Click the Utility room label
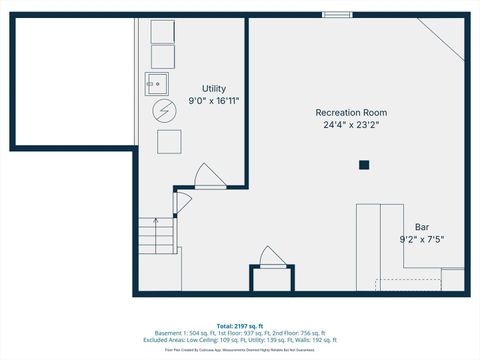pyautogui.click(x=215, y=89)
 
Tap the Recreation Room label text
pyautogui.click(x=351, y=113)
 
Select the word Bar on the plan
pyautogui.click(x=422, y=227)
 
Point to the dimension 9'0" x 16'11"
pyautogui.click(x=215, y=101)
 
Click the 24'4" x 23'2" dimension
pyautogui.click(x=351, y=125)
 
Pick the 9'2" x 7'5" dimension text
pyautogui.click(x=422, y=239)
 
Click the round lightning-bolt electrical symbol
pyautogui.click(x=162, y=109)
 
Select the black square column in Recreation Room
pyautogui.click(x=364, y=164)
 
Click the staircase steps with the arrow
pyautogui.click(x=154, y=239)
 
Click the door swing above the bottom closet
pyautogui.click(x=271, y=257)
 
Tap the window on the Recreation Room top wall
pyautogui.click(x=337, y=15)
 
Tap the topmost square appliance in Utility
pyautogui.click(x=162, y=30)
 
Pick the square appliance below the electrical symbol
pyautogui.click(x=168, y=140)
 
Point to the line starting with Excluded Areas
pyautogui.click(x=239, y=341)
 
